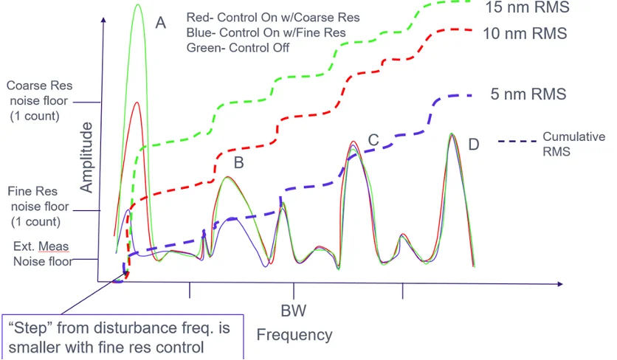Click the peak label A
click(x=160, y=23)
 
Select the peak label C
click(x=373, y=139)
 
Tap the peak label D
click(x=473, y=144)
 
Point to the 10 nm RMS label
click(x=525, y=33)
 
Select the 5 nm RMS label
click(x=528, y=94)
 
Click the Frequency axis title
click(x=294, y=335)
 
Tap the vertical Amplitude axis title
click(x=87, y=158)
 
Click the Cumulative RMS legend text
click(x=573, y=143)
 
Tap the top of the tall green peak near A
click(x=138, y=5)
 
